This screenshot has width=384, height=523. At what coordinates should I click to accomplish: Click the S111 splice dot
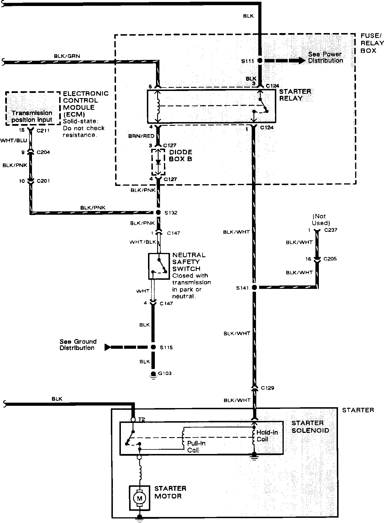click(x=260, y=60)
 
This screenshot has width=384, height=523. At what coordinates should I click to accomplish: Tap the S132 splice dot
click(x=158, y=212)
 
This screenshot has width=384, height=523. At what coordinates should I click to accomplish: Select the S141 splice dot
click(x=254, y=287)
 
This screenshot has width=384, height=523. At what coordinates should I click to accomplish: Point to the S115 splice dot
click(x=153, y=347)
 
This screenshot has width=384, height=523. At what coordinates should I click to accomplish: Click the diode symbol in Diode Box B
click(x=158, y=162)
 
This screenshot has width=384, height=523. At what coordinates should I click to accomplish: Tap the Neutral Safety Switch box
click(x=159, y=266)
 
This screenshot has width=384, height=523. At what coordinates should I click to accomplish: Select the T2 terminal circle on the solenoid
click(x=133, y=420)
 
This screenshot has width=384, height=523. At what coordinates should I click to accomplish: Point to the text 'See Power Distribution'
click(x=325, y=57)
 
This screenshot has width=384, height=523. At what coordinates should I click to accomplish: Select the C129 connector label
click(x=267, y=388)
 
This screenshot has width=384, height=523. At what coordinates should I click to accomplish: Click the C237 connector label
click(x=330, y=230)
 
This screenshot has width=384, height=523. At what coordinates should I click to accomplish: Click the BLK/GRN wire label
click(x=67, y=56)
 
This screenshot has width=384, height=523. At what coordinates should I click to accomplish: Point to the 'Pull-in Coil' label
click(x=196, y=447)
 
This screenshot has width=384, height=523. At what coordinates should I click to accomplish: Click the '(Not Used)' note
click(x=321, y=220)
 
